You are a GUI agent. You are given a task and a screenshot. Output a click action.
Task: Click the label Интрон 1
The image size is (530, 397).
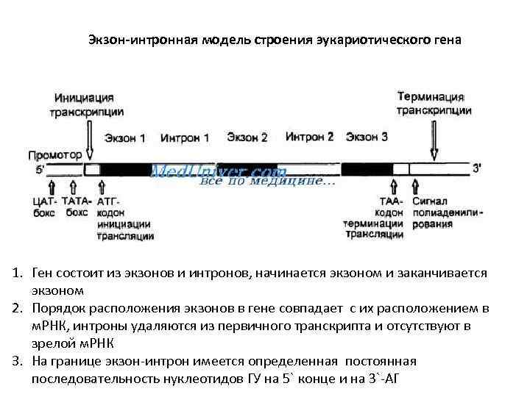[185, 137]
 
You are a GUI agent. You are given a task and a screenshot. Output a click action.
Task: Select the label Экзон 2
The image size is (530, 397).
[247, 137]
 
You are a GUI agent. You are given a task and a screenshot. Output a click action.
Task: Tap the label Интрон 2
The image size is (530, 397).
[309, 137]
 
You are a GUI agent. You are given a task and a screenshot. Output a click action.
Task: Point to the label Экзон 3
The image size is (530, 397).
[367, 137]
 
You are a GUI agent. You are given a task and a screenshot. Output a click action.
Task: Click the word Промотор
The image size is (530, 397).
[54, 155]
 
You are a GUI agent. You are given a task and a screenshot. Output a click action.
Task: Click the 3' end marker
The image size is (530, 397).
[477, 168]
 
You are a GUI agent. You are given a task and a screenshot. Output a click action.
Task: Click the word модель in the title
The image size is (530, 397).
[225, 39]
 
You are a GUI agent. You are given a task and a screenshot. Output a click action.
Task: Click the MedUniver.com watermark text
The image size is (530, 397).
[213, 171]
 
